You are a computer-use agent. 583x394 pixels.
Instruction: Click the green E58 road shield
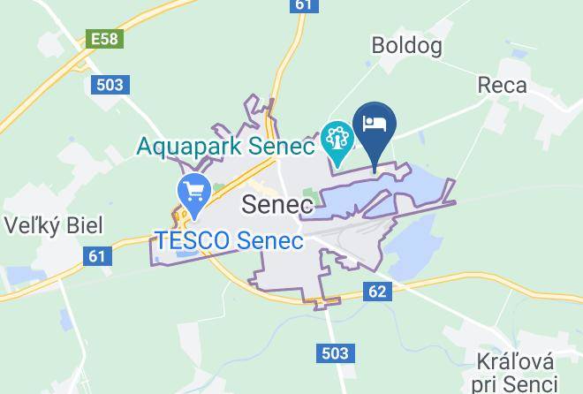coord(103,40)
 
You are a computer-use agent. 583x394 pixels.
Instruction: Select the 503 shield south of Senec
coord(334,352)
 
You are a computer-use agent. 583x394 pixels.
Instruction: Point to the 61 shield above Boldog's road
coord(303,5)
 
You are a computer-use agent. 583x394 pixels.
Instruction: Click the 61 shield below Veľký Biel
coord(98,256)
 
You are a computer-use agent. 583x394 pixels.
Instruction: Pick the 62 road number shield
coord(377,291)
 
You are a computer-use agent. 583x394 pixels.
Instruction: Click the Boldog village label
coord(406,45)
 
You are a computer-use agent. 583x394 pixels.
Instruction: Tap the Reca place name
coord(502,86)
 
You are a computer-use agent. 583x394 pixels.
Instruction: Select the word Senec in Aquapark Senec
coord(284,146)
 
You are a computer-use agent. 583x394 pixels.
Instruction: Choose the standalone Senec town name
coord(277,205)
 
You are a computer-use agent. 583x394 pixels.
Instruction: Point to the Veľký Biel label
coord(52,225)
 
